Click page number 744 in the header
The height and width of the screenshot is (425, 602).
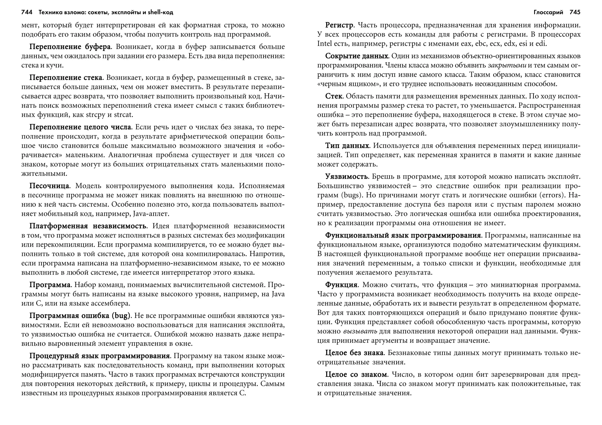pos(26,12)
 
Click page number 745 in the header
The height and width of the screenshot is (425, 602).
pos(575,12)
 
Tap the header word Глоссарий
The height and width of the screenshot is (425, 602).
pos(548,12)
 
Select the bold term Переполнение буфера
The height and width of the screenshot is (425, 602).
pos(70,47)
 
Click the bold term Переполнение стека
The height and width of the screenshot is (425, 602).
pos(66,78)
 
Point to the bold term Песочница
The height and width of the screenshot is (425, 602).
pos(49,186)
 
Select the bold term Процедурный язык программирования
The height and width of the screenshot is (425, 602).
pos(100,356)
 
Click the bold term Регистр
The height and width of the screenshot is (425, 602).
pos(339,25)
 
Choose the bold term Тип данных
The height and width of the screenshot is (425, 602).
pos(347,146)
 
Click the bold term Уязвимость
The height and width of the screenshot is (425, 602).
pos(347,177)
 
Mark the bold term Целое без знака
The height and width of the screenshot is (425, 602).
pos(354,353)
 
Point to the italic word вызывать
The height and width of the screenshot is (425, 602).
pos(360,331)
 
